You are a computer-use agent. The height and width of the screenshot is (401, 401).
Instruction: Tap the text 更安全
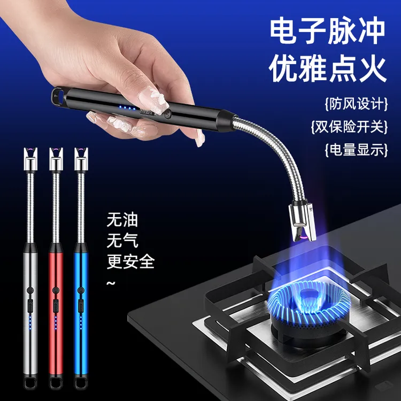click(x=130, y=261)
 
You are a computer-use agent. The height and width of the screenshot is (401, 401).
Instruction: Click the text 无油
click(x=122, y=220)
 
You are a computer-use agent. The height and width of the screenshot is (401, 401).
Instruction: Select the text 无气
click(x=122, y=241)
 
